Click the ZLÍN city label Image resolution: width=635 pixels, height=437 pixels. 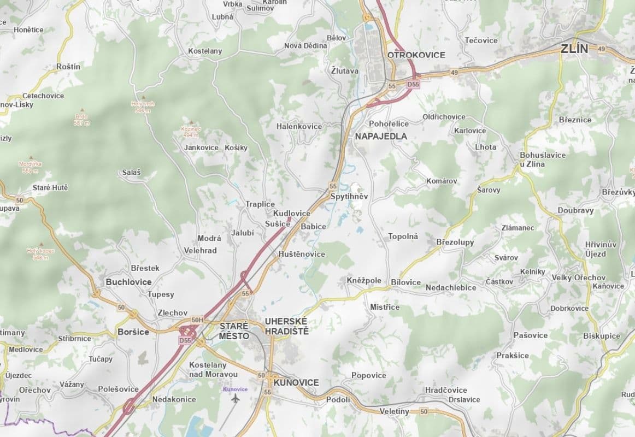tap(574, 49)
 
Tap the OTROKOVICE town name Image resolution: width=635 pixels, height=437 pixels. tap(416, 55)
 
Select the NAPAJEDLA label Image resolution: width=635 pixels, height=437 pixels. tap(381, 136)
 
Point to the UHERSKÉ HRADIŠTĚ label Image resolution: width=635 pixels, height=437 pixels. tap(286, 326)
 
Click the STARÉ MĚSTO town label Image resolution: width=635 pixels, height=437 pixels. tap(234, 331)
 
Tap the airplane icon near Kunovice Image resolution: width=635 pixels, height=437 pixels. tap(236, 399)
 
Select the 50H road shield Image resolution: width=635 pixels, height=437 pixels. tap(197, 320)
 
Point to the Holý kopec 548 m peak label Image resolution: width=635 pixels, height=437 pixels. tap(37, 254)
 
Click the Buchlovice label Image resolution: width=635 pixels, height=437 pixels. tap(128, 282)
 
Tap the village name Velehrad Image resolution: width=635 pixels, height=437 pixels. tap(200, 251)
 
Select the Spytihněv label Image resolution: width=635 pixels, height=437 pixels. tap(350, 196)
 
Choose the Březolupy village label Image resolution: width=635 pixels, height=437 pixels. tap(455, 242)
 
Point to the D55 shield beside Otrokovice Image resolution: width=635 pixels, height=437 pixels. tap(413, 84)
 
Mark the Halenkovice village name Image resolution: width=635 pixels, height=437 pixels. tap(299, 126)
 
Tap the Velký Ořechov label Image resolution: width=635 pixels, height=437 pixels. tap(578, 277)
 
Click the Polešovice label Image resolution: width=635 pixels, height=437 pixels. tap(118, 389)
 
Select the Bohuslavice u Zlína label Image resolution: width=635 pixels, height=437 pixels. tap(543, 160)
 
